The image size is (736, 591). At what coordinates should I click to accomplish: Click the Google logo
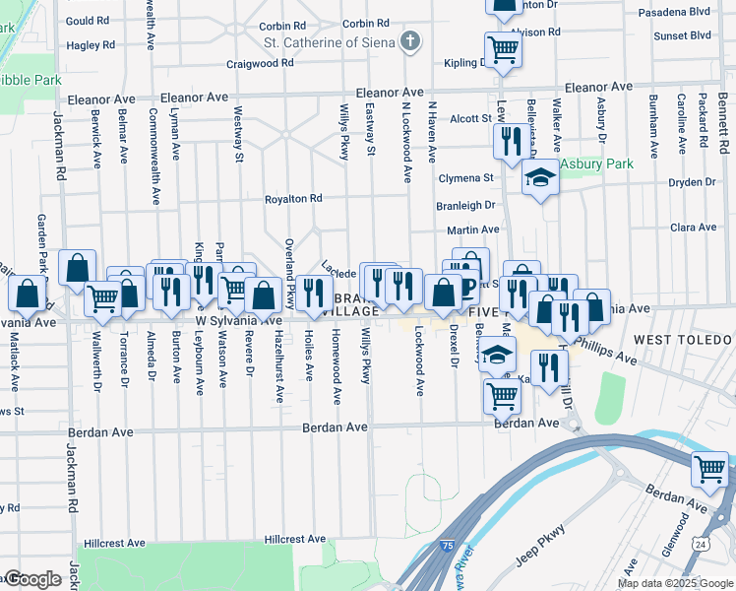32,579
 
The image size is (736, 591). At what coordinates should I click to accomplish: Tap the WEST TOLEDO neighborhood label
683,339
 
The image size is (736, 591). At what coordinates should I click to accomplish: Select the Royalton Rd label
293,199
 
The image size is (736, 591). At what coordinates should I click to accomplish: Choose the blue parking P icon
469,289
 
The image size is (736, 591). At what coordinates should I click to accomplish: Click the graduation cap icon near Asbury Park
539,178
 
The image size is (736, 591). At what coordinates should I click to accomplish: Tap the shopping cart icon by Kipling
503,48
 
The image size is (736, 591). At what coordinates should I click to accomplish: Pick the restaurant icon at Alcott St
510,140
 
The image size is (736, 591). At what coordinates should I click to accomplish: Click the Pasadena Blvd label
674,13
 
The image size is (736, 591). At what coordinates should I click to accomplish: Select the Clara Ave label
693,227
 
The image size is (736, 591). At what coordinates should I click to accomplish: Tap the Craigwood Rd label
259,62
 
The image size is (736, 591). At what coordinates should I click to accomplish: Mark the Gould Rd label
88,20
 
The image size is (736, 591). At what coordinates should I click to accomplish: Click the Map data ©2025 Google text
675,583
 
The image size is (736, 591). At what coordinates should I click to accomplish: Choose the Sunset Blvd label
682,35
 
